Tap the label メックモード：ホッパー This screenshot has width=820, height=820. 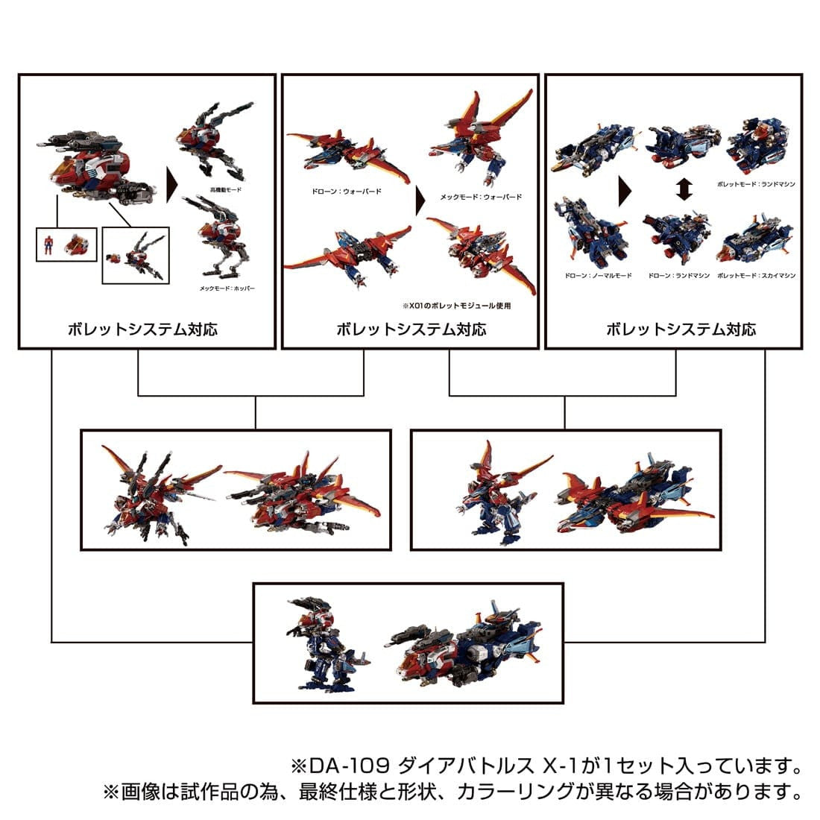click(227, 288)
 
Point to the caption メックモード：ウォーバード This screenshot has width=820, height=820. click(480, 197)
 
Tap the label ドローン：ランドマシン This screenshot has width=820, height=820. click(675, 275)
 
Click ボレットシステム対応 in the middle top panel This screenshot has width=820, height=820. click(411, 329)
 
